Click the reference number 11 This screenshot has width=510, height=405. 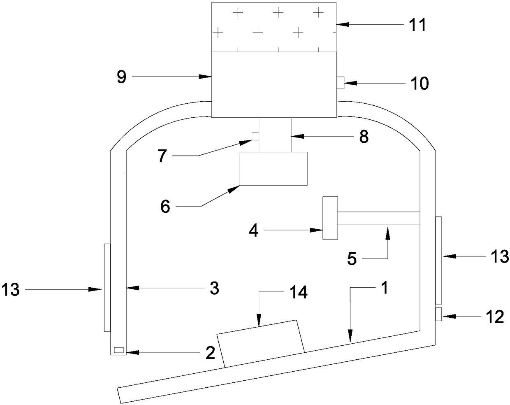[x=417, y=25]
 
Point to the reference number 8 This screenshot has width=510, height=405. [x=363, y=137]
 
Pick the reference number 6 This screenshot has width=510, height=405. [x=165, y=207]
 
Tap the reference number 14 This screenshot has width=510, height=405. [x=298, y=293]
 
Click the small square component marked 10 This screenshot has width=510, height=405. [x=340, y=83]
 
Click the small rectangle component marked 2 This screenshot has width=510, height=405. [x=118, y=350]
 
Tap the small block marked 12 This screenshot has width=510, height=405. [x=438, y=314]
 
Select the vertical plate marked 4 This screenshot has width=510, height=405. [x=330, y=218]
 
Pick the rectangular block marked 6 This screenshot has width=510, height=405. [x=274, y=168]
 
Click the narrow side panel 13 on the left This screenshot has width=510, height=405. [x=107, y=287]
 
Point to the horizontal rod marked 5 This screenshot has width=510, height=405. [x=378, y=218]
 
